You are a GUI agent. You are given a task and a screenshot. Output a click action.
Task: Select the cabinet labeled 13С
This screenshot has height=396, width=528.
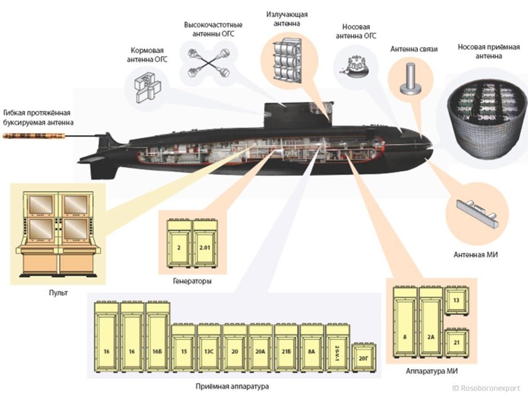(x=209, y=350)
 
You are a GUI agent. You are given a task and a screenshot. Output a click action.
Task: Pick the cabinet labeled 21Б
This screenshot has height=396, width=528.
(x=286, y=350)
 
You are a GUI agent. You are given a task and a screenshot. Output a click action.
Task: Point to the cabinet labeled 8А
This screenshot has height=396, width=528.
(x=311, y=350)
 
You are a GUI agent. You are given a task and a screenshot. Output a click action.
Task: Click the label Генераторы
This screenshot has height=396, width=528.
(x=192, y=282)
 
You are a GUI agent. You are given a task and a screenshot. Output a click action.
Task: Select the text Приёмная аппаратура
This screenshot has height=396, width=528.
(x=232, y=386)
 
